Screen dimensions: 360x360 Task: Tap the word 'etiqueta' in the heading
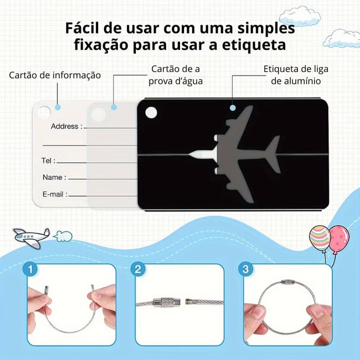click(x=254, y=45)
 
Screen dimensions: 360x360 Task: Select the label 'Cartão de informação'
click(x=55, y=75)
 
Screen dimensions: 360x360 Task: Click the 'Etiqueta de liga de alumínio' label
click(x=295, y=75)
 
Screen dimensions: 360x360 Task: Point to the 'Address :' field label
click(x=66, y=126)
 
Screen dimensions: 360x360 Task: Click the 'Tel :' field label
click(x=48, y=160)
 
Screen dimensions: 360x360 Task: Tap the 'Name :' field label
click(x=54, y=177)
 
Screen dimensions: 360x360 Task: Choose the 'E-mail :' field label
click(x=55, y=194)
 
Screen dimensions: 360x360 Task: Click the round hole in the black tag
click(x=151, y=112)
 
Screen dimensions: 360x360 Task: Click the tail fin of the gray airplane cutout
click(x=272, y=154)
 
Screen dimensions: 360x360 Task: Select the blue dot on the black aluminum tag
click(x=232, y=107)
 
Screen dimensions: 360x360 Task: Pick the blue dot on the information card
click(x=58, y=107)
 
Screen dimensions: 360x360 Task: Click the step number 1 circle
click(x=30, y=269)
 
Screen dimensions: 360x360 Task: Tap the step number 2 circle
click(x=138, y=269)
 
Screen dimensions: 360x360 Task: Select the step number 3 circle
click(x=245, y=269)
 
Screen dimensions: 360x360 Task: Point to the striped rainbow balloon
click(x=319, y=237)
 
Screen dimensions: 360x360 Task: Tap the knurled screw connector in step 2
click(x=166, y=302)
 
